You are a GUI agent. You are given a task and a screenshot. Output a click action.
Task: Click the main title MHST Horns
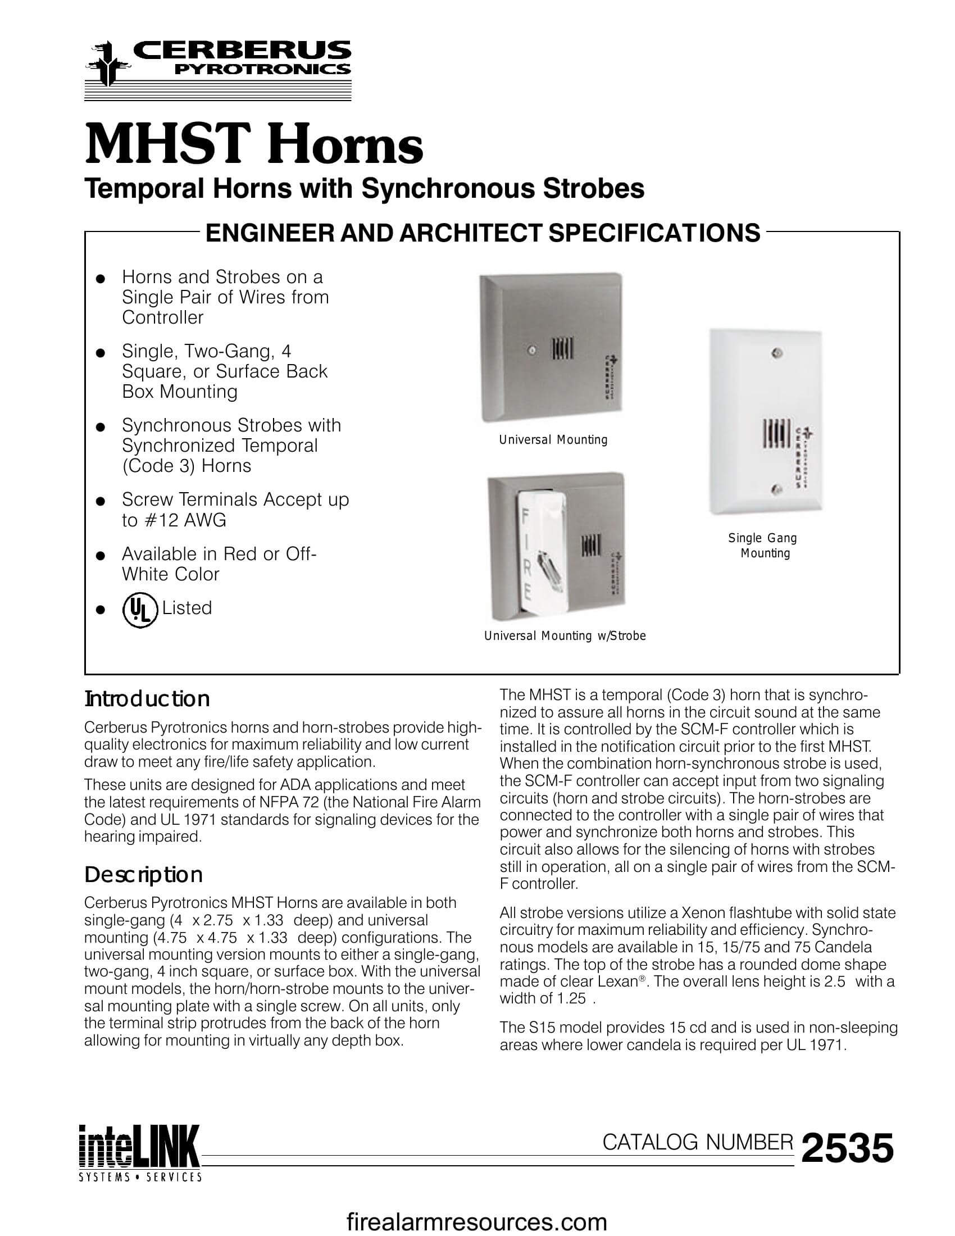pyautogui.click(x=253, y=146)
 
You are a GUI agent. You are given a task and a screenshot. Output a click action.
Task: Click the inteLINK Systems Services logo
pyautogui.click(x=139, y=1154)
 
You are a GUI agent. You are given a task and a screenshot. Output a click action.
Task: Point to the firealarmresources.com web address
pyautogui.click(x=476, y=1223)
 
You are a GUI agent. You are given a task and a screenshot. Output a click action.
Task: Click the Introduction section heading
pyautogui.click(x=147, y=699)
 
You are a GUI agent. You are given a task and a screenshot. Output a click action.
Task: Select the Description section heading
pyautogui.click(x=143, y=874)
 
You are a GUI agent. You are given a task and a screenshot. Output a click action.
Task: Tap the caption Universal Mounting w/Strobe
pyautogui.click(x=565, y=635)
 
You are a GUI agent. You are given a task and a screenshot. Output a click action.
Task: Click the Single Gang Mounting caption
pyautogui.click(x=763, y=545)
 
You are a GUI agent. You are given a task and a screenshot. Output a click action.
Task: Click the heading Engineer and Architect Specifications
pyautogui.click(x=483, y=233)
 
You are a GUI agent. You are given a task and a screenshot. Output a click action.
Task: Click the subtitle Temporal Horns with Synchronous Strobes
pyautogui.click(x=364, y=188)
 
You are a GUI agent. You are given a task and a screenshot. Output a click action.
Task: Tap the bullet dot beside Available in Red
pyautogui.click(x=101, y=556)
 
